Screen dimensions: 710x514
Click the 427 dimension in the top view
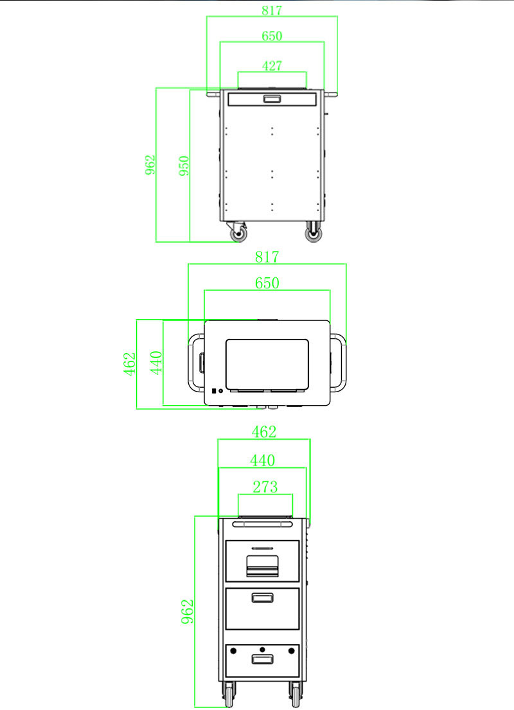[x=272, y=65]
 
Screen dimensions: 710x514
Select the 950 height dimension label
[x=184, y=166]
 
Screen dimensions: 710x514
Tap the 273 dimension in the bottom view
[x=265, y=487]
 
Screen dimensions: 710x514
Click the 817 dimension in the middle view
[x=267, y=257]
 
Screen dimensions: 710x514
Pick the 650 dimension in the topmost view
[x=272, y=36]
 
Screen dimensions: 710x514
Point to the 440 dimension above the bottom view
[x=262, y=460]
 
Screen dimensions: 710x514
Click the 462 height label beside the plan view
[x=130, y=364]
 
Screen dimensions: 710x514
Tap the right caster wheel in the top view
[x=314, y=234]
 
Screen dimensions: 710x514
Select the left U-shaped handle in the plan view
[x=193, y=362]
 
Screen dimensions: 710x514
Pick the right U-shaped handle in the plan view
[x=341, y=362]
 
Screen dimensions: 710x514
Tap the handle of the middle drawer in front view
[x=261, y=598]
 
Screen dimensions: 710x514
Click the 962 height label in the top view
[x=150, y=166]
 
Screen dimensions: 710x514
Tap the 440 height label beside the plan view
[x=156, y=363]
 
